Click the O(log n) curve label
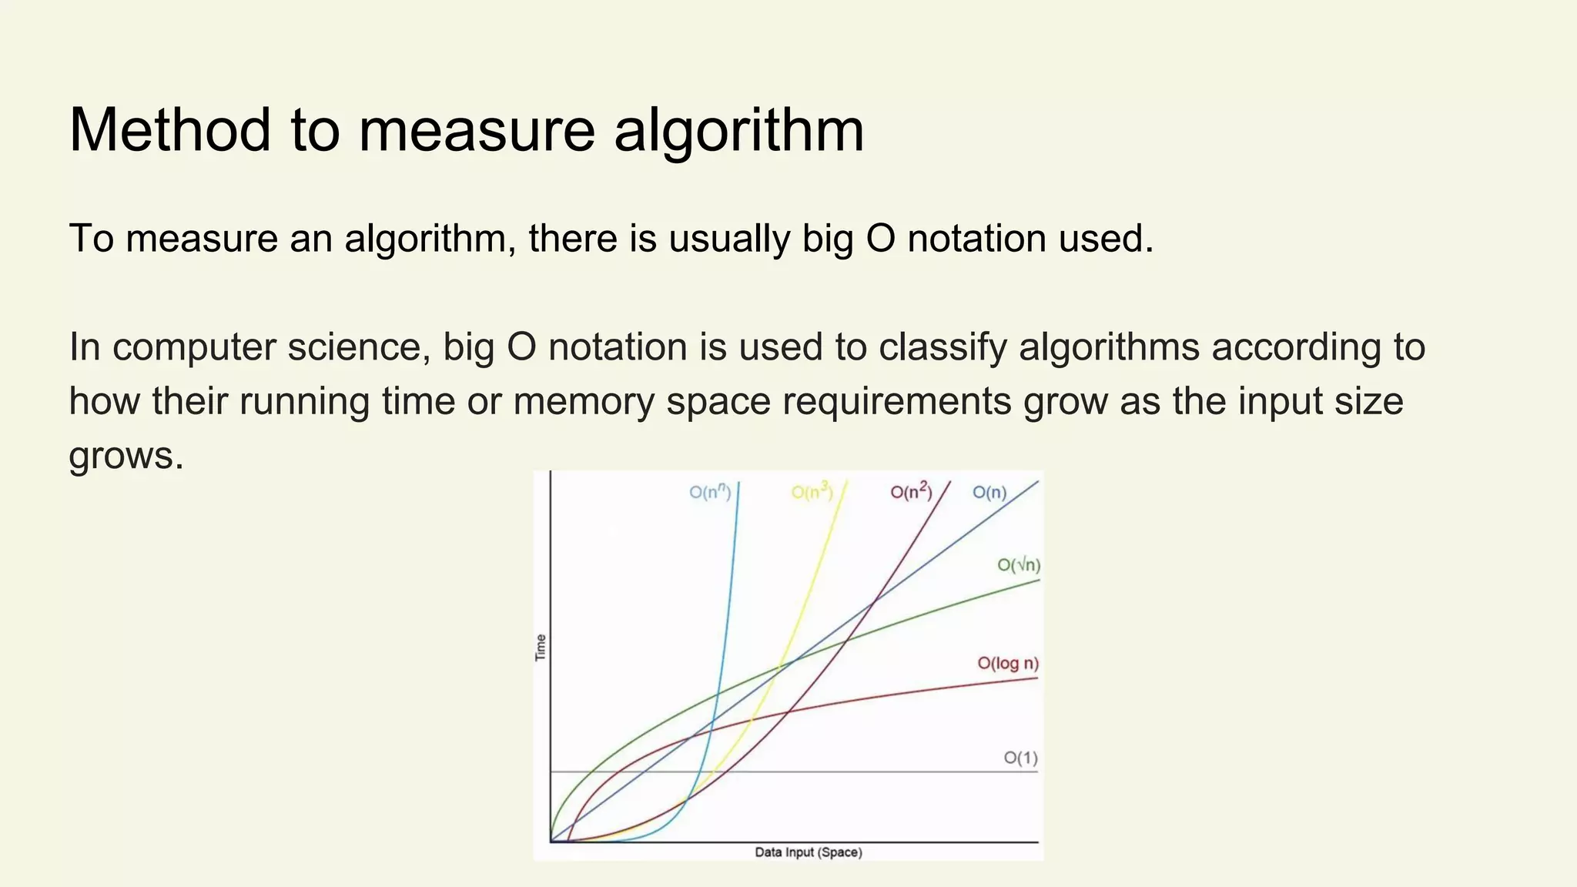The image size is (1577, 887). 1007,663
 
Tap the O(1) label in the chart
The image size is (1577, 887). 1020,758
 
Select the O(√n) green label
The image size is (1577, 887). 1018,565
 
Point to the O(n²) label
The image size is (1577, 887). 911,492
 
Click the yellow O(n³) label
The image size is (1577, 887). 812,492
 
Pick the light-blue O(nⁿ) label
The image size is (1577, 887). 709,492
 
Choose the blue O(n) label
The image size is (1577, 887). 989,492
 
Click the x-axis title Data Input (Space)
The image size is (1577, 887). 808,852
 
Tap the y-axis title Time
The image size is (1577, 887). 541,648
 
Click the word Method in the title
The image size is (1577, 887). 170,129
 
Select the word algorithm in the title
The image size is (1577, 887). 738,129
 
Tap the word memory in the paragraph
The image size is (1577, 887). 583,401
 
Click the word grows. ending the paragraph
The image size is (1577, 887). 126,455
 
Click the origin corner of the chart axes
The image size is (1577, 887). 551,842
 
